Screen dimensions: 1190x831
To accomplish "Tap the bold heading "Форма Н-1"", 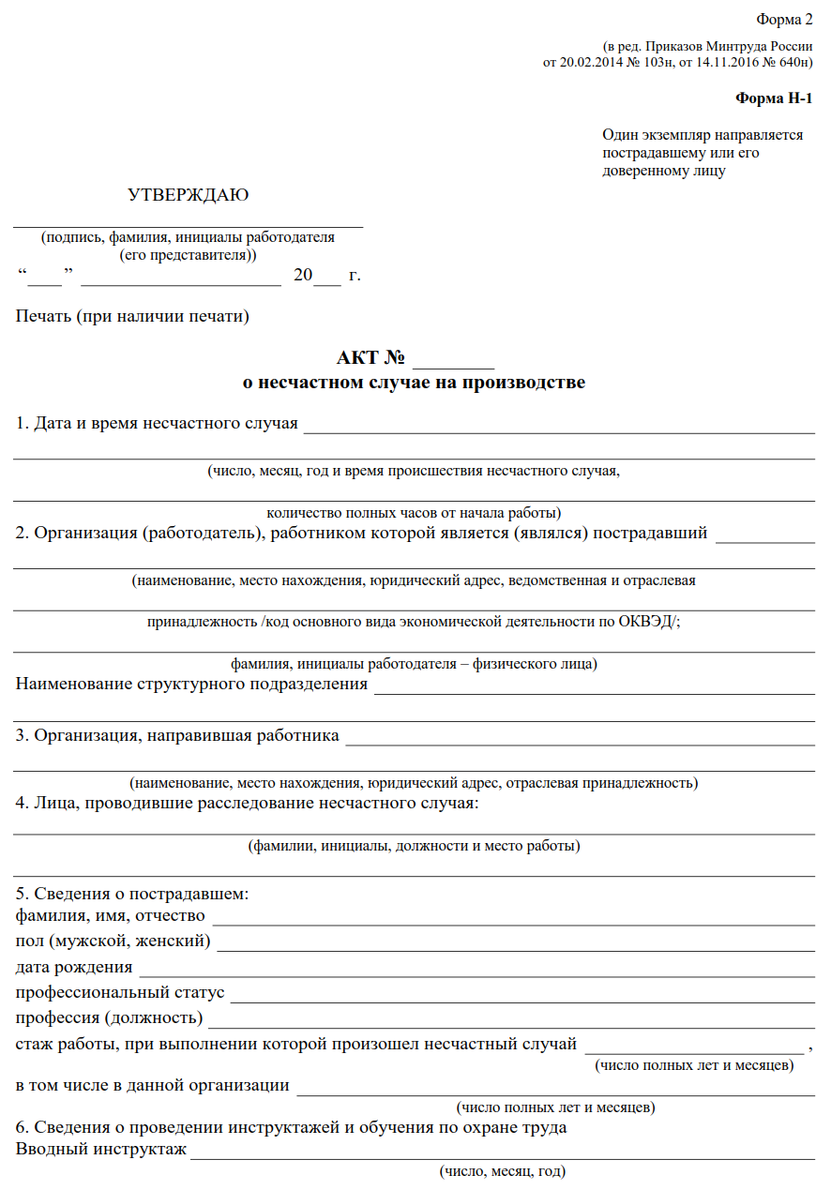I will coord(774,98).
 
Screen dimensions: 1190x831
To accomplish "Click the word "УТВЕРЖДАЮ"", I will coord(189,195).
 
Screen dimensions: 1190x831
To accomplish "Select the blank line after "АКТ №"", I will coord(453,360).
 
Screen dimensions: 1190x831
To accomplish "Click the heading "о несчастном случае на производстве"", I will coord(414,383).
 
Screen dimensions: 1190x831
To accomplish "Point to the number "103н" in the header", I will coord(655,63).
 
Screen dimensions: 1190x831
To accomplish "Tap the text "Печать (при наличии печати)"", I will coord(132,316).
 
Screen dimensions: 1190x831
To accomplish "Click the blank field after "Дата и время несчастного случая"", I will coord(558,426).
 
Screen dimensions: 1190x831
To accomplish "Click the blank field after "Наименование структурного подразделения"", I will coord(594,686).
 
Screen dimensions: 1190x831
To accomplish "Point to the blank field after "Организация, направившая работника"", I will coord(580,738).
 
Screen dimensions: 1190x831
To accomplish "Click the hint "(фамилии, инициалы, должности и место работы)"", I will coord(414,846).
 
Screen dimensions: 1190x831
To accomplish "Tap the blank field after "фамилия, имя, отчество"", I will coord(513,918).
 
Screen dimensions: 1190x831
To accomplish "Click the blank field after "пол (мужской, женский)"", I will coord(515,943).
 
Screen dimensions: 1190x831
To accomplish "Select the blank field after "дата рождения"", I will coord(476,970).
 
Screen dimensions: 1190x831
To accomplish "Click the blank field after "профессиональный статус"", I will coord(522,995).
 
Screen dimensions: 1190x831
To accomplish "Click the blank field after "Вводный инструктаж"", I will coord(502,1152).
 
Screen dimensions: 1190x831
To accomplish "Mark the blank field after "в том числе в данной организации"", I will coord(555,1088).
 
